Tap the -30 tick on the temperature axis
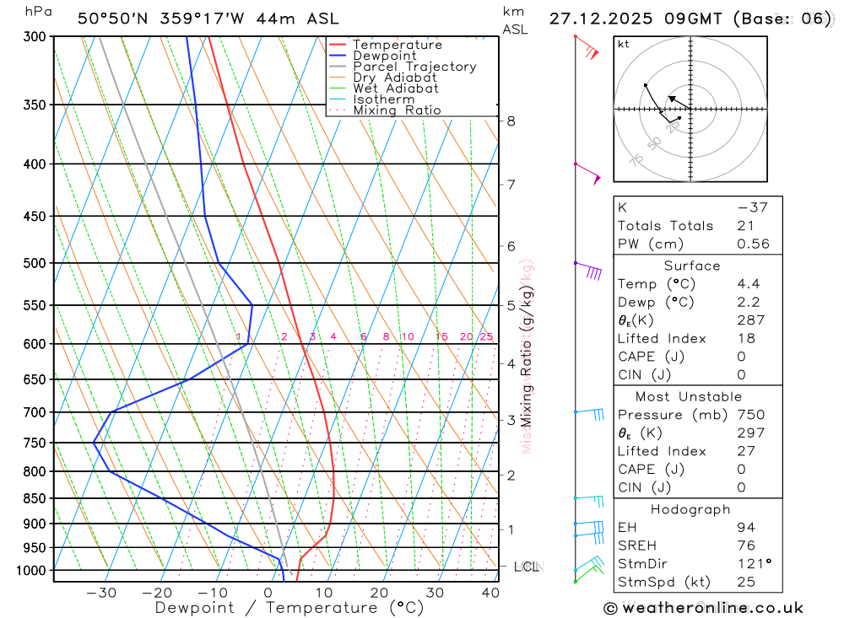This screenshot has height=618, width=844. [101, 593]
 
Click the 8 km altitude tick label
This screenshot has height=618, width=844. [511, 121]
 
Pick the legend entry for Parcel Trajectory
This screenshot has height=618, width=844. [414, 67]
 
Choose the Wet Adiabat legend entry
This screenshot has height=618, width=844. [396, 89]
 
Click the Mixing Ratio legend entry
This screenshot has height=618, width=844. [397, 110]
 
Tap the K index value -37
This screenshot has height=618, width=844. [752, 207]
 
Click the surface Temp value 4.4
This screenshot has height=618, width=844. [748, 284]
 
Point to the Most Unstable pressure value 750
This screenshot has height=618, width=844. [750, 415]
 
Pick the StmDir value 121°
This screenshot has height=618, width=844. [753, 564]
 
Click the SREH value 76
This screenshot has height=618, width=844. [745, 545]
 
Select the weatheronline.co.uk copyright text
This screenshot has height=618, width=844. [704, 608]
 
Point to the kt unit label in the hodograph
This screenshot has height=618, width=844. [624, 44]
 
